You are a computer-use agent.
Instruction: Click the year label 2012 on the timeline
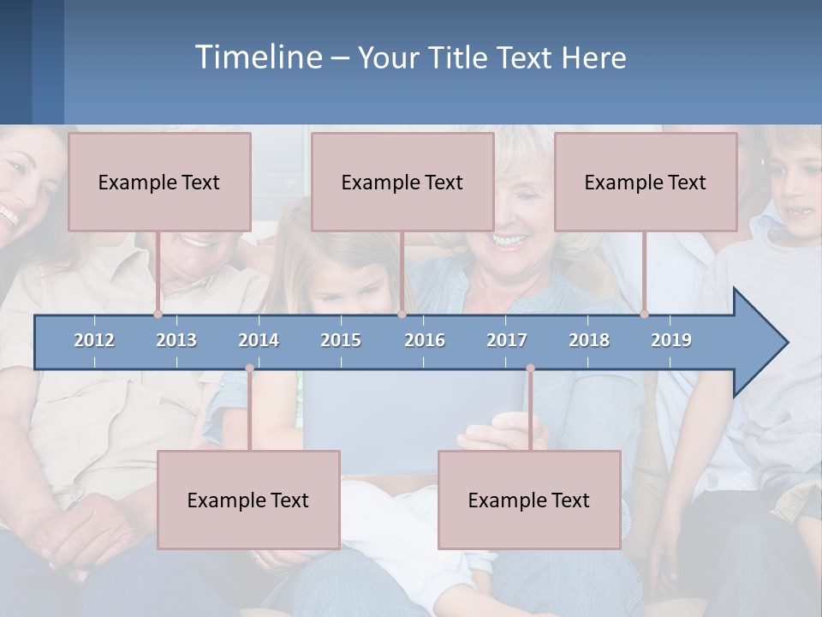tap(94, 340)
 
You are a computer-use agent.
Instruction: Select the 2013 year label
tap(176, 340)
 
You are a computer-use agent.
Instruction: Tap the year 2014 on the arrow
tap(259, 340)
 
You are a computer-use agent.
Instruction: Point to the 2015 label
tap(341, 340)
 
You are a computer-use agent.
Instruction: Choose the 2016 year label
tap(425, 340)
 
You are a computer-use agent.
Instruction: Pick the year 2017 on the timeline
tap(507, 340)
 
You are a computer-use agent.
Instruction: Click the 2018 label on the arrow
tap(589, 340)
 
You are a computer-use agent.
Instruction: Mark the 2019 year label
tap(671, 340)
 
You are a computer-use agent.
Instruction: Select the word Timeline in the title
tap(258, 57)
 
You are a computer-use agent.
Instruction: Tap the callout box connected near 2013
tap(159, 182)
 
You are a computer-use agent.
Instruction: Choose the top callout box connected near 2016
tap(402, 182)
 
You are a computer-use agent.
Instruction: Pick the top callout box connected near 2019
tap(646, 182)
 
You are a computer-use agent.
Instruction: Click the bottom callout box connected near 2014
tap(248, 500)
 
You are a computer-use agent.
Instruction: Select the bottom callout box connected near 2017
tap(529, 500)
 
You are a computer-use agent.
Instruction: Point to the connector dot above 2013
tap(158, 314)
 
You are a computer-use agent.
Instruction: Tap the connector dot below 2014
tap(249, 368)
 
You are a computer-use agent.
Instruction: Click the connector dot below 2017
tap(530, 368)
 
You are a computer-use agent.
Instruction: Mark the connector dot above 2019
tap(644, 314)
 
